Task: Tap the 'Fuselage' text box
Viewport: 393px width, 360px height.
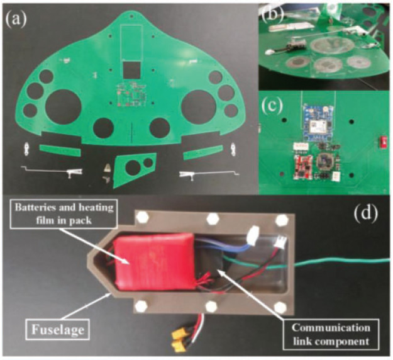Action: point(58,329)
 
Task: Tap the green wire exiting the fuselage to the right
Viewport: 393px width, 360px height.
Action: point(340,263)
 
